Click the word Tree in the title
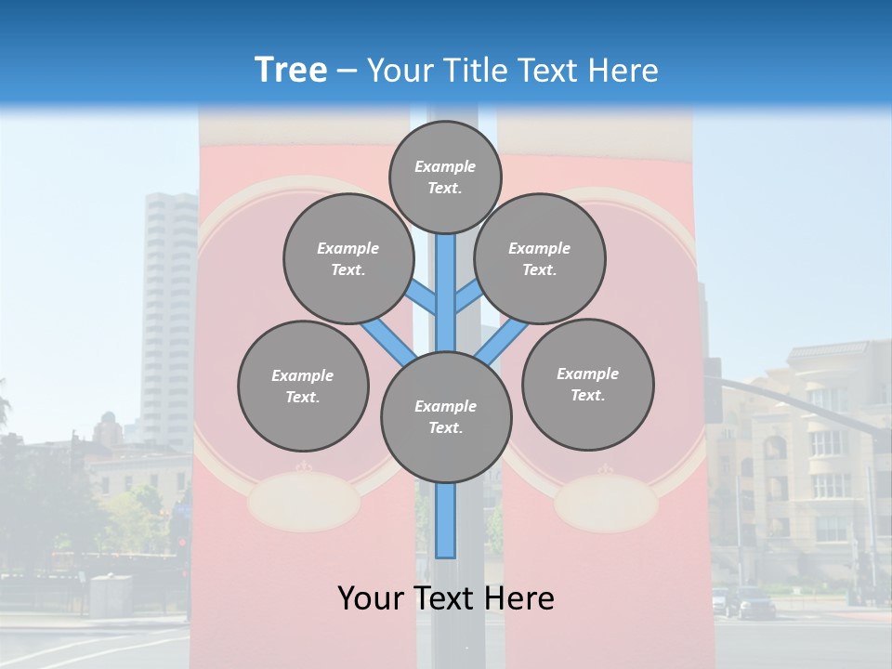click(x=291, y=71)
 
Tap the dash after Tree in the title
click(x=348, y=72)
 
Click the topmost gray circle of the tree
click(x=445, y=177)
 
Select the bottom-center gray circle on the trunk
click(x=446, y=416)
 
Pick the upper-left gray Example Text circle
click(x=348, y=258)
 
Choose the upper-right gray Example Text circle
click(x=540, y=258)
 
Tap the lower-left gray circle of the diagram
click(x=303, y=386)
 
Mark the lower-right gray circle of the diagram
click(x=587, y=384)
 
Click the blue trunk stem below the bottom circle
click(x=446, y=520)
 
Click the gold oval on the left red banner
click(x=303, y=500)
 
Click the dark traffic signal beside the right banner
click(x=713, y=390)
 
